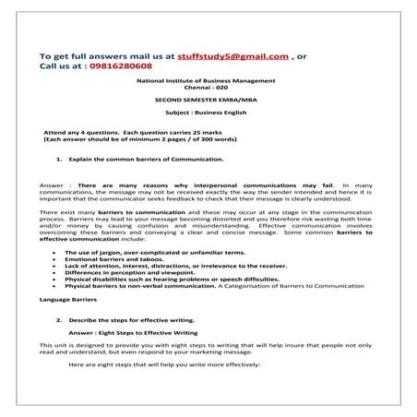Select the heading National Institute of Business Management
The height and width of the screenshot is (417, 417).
[207, 81]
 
